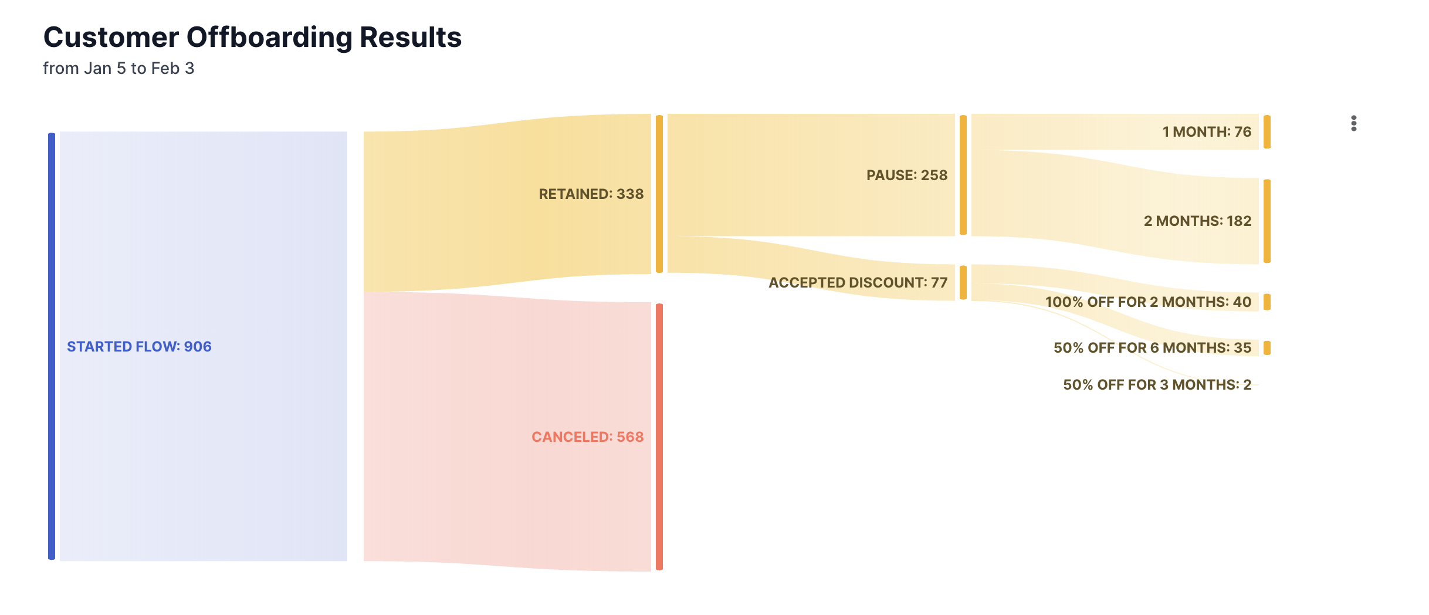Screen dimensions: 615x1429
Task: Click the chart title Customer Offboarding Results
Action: click(252, 38)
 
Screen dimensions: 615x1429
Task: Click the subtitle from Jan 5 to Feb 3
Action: click(118, 69)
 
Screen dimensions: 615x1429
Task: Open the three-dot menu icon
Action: click(1353, 123)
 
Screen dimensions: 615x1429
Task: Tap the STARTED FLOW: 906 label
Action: click(139, 347)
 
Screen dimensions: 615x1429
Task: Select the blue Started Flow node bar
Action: click(52, 346)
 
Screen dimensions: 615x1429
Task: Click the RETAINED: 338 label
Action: click(591, 194)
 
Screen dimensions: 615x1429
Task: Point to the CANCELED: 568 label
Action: click(587, 437)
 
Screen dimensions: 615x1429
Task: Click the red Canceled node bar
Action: click(659, 437)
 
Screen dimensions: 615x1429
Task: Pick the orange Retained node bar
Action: click(659, 194)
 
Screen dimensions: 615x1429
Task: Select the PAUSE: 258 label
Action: click(906, 175)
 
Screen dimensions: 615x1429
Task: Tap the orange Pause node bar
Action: click(963, 175)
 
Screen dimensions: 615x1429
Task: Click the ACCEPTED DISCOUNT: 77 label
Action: click(858, 283)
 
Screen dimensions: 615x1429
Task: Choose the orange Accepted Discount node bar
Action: click(963, 283)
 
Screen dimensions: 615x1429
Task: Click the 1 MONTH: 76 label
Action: click(1207, 132)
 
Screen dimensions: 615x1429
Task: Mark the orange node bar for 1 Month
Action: click(1267, 132)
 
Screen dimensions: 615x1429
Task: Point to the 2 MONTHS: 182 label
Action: click(1197, 221)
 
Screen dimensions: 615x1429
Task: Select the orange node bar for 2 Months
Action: click(1267, 221)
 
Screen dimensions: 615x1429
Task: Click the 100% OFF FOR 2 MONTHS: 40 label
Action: click(1148, 302)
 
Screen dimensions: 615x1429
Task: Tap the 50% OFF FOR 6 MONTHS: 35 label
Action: click(1152, 348)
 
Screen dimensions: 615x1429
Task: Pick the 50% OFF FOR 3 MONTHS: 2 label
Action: click(1157, 385)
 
